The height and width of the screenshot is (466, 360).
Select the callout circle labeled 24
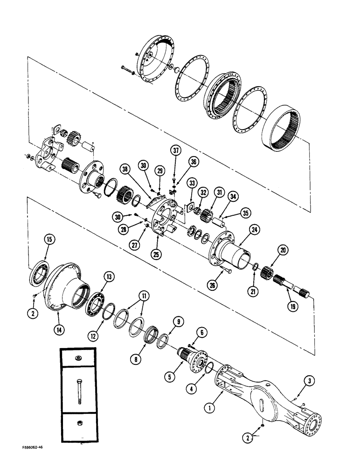point(255,229)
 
